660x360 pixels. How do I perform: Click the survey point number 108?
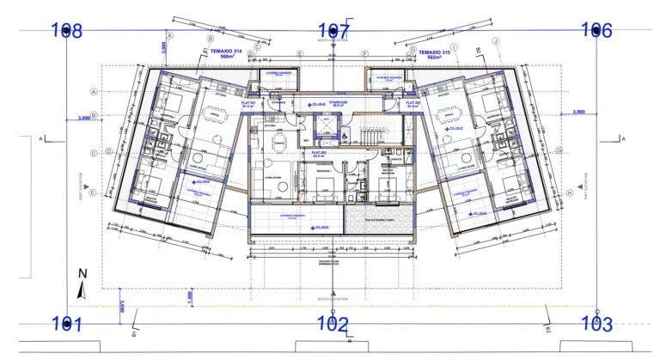pos(67,31)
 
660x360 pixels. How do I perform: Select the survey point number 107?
pos(334,31)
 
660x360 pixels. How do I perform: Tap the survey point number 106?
pos(596,31)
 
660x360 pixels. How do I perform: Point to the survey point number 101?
pos(66,325)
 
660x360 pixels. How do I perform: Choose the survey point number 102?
pos(332,325)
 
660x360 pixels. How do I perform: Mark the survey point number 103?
pos(596,325)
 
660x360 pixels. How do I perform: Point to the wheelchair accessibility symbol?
pos(345,136)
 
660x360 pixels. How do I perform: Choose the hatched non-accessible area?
pos(378,219)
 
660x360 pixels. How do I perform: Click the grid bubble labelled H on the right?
pos(569,193)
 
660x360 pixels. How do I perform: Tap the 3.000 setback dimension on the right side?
pos(578,112)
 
